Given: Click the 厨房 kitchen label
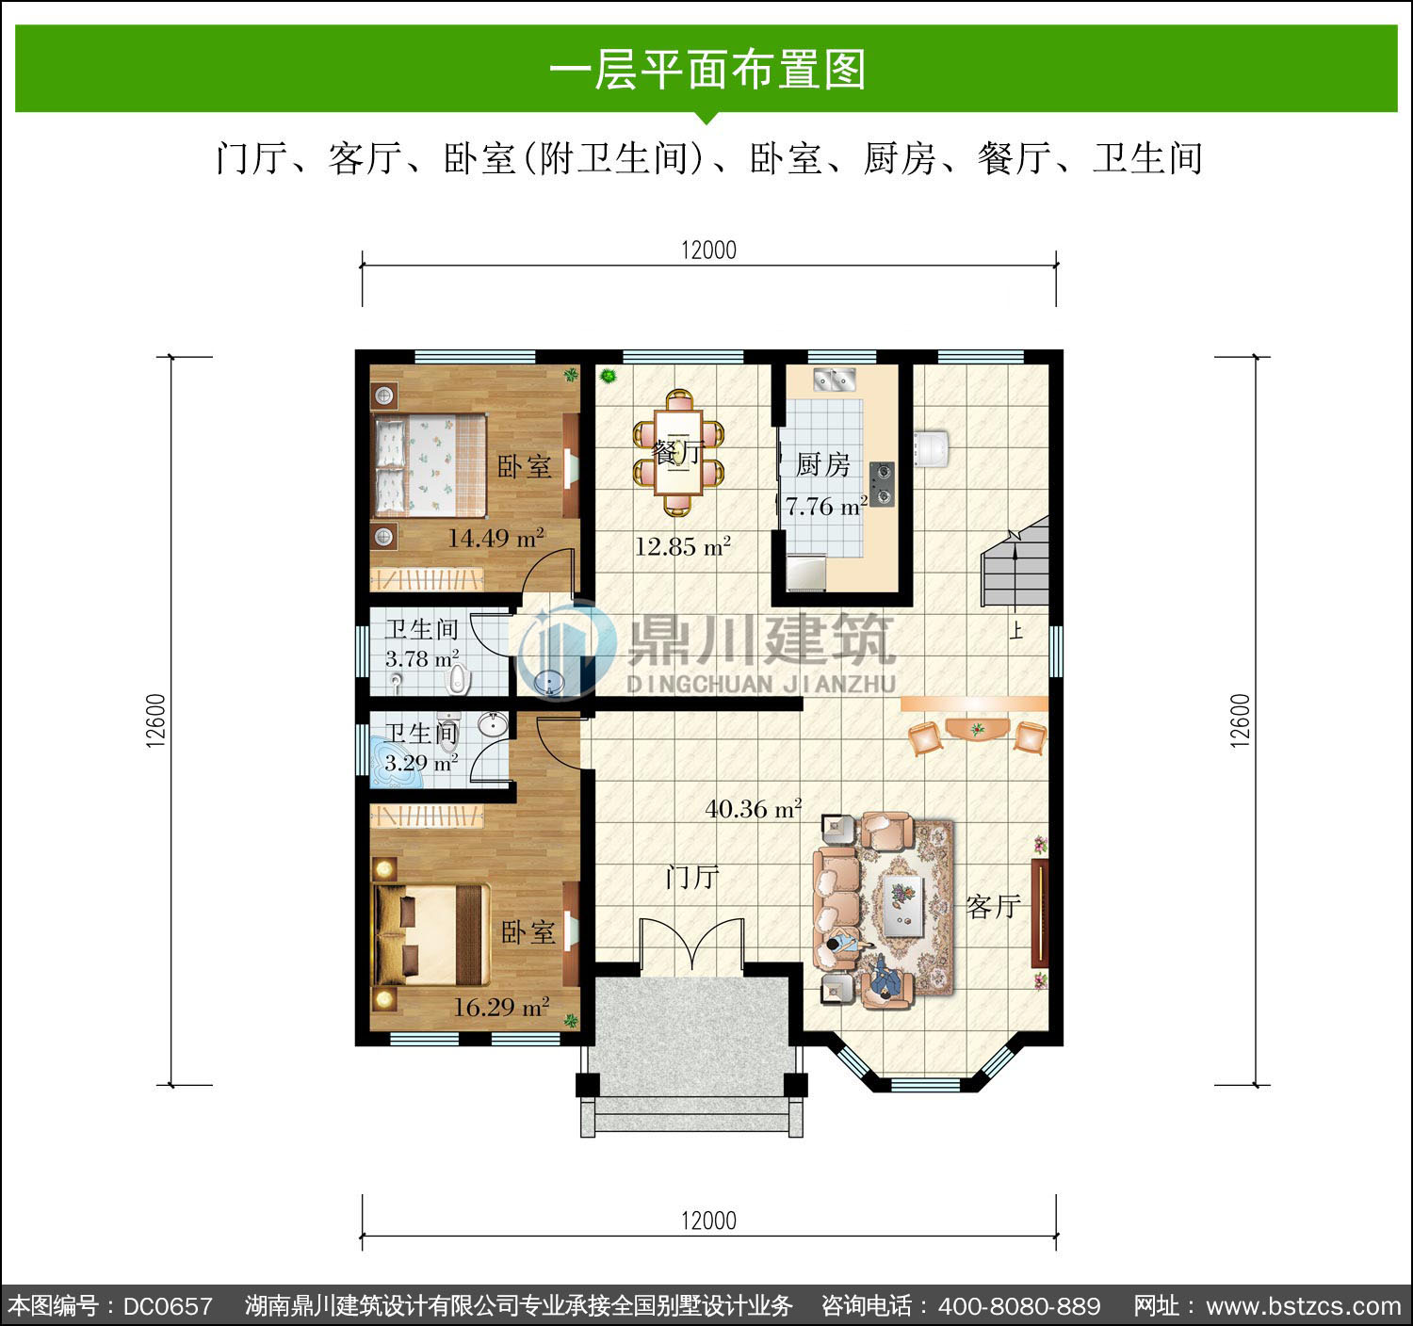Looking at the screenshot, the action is coord(823,465).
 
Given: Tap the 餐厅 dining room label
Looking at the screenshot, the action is coord(678,452).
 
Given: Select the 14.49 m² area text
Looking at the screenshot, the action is coord(495,538).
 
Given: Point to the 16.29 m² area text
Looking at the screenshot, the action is coord(501,1007).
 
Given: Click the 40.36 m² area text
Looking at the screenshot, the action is coord(754,808).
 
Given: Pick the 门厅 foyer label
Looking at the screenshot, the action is coord(692,877).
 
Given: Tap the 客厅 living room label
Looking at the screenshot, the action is coord(993,907).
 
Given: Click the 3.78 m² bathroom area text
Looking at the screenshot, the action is coord(422,658).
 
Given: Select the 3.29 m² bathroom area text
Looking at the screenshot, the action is coord(421,764).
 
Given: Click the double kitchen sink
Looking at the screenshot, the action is coord(835,380).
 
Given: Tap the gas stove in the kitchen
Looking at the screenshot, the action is coord(883,484).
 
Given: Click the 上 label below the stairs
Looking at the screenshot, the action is coord(1016,630).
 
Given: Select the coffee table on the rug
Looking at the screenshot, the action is coord(903,906).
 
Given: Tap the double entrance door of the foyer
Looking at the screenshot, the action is coord(692,944).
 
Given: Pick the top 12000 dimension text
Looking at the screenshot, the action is coord(708,251).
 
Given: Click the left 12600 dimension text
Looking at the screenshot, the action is coord(155,720).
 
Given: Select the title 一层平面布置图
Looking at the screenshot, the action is coord(707,70).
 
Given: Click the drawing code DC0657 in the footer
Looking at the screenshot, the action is coord(168,1306).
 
